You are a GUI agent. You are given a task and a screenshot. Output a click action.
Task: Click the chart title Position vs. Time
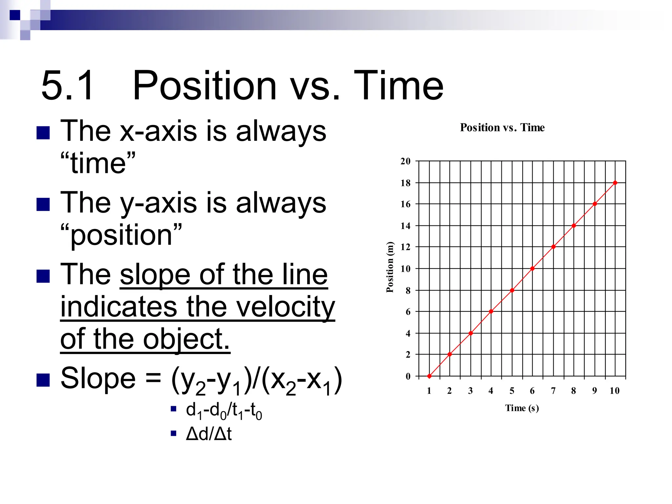coord(502,127)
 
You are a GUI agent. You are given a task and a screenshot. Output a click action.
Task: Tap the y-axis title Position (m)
coord(389,267)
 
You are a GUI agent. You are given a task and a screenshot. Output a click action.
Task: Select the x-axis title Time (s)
coord(522,408)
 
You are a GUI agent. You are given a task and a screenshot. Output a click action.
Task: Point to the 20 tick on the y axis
coord(405,161)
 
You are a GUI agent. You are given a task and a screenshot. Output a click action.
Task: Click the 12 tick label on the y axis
coord(405,247)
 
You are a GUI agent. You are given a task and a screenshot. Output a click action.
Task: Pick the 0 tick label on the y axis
coord(408,376)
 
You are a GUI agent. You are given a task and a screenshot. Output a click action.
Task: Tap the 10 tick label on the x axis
coord(614,390)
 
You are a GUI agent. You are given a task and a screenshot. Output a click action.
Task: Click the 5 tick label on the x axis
coord(512,390)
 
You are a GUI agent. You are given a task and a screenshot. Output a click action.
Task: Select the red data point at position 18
coord(615,183)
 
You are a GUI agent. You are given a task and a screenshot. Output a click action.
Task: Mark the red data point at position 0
coord(429,376)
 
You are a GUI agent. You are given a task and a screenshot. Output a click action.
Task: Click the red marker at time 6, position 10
coord(532,268)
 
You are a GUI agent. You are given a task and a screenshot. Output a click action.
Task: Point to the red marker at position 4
coord(471,333)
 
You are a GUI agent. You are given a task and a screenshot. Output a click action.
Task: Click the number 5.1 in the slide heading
coord(67,86)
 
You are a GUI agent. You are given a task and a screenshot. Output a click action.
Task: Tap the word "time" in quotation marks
coord(98,163)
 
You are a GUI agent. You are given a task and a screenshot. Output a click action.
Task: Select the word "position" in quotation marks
coord(121,235)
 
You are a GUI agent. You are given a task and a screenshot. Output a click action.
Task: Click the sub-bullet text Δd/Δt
coord(209,434)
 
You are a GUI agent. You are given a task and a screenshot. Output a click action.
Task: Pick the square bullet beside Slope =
coord(43,380)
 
